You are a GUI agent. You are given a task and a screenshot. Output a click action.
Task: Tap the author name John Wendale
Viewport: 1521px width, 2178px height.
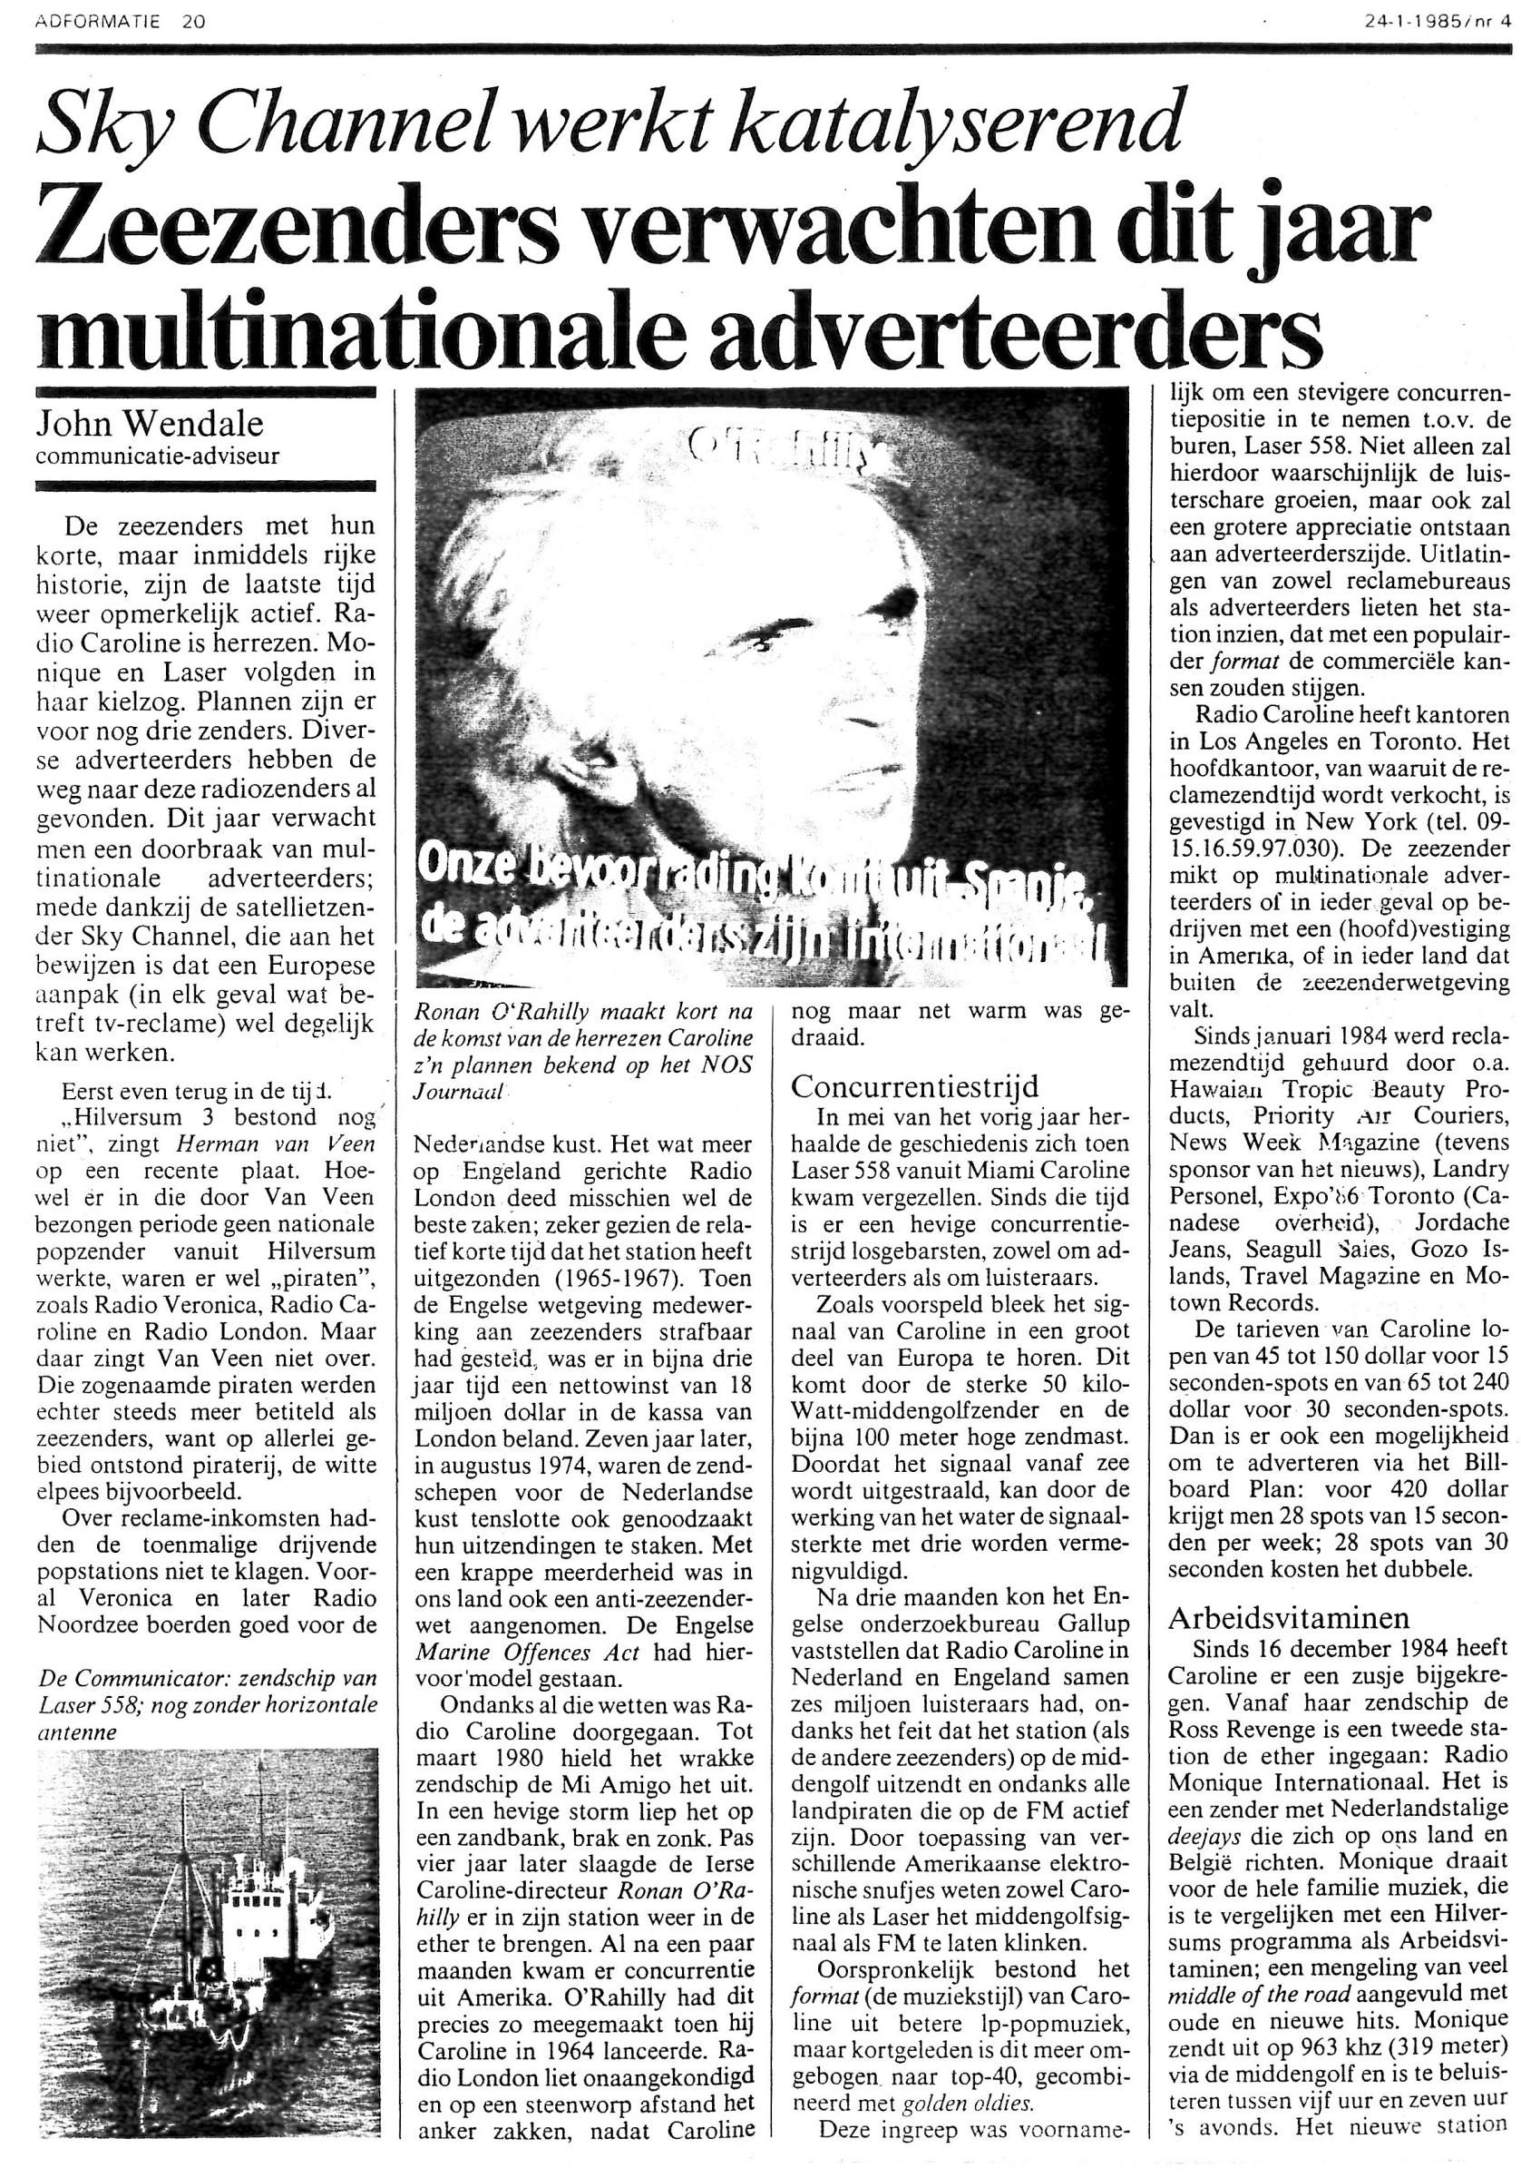point(149,422)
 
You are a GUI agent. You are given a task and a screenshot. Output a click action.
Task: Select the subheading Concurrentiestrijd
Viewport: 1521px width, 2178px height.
point(915,1085)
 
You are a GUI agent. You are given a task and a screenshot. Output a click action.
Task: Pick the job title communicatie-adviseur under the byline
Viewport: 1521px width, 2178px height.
point(158,456)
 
